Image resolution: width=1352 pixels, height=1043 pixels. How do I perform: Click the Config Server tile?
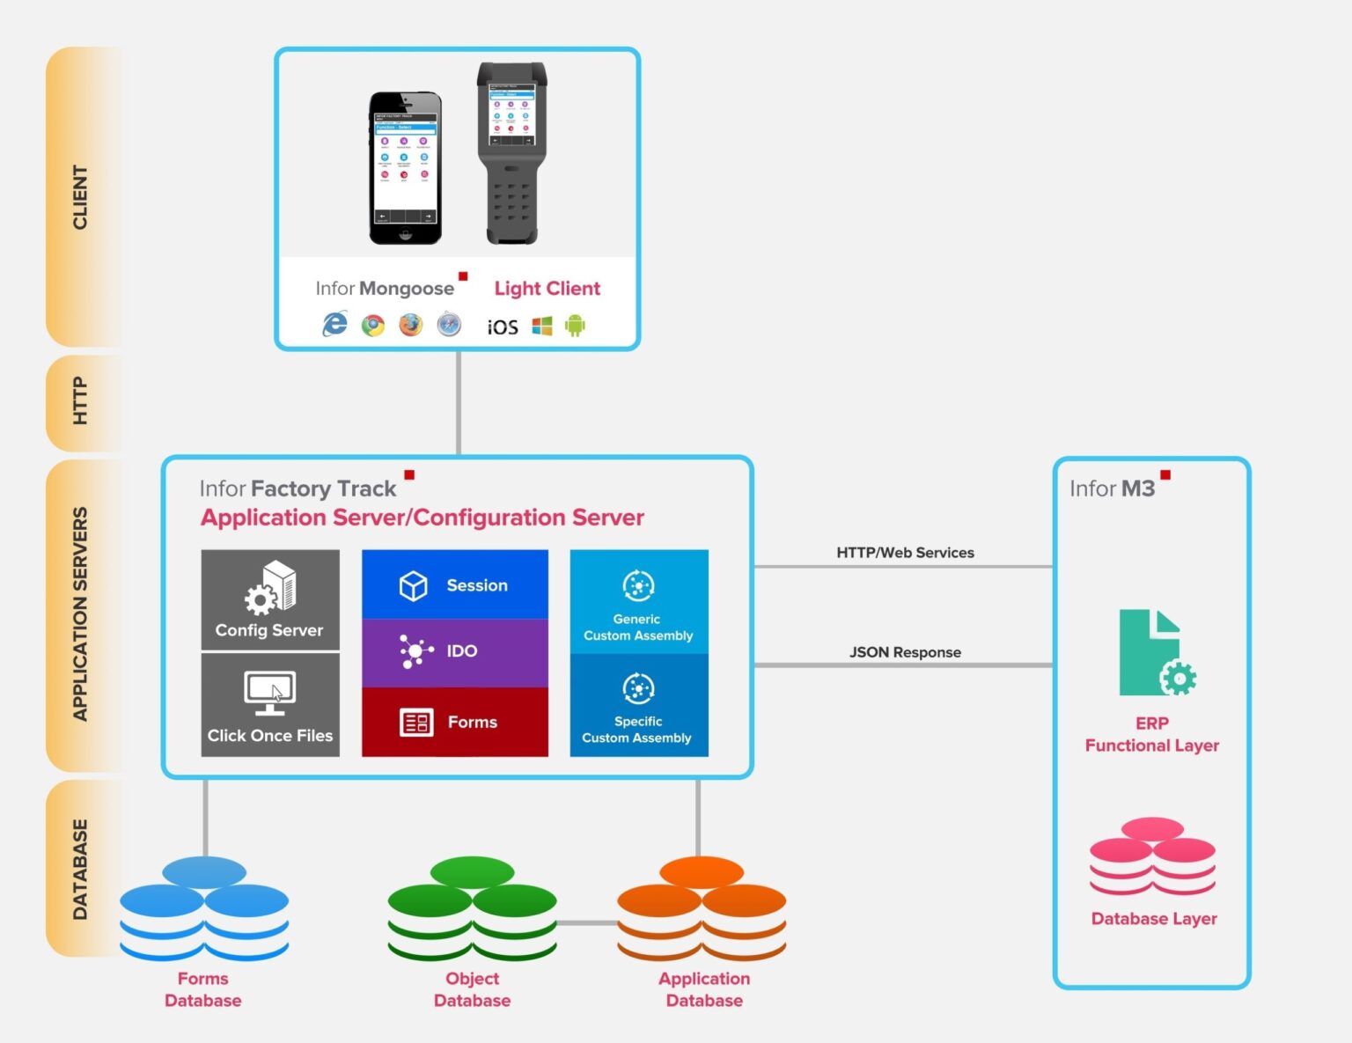click(x=270, y=599)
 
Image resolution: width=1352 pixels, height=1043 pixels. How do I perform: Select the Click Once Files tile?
click(x=270, y=705)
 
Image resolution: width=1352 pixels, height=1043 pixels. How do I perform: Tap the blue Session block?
click(x=454, y=584)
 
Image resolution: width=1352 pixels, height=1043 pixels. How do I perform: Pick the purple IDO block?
click(x=454, y=652)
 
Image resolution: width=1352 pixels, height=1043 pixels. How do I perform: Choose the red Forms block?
click(x=454, y=722)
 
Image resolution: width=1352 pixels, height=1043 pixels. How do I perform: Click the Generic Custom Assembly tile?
click(x=638, y=601)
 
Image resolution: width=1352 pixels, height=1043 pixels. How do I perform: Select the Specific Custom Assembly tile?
click(x=638, y=705)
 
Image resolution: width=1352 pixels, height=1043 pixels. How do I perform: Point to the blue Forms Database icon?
click(x=204, y=908)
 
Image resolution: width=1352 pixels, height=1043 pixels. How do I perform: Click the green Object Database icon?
click(x=472, y=908)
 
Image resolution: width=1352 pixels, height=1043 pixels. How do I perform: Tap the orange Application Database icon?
click(x=702, y=908)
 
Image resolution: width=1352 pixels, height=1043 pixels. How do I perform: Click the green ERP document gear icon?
click(x=1155, y=653)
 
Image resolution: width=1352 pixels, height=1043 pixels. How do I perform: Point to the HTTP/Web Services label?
click(x=905, y=553)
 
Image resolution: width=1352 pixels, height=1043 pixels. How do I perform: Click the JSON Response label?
click(x=905, y=652)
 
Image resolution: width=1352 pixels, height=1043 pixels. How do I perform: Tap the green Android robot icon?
click(x=575, y=327)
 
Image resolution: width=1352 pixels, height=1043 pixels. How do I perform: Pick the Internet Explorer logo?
click(x=334, y=325)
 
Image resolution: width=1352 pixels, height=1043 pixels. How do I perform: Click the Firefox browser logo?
click(x=410, y=326)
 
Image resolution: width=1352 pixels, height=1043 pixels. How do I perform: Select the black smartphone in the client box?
click(x=405, y=167)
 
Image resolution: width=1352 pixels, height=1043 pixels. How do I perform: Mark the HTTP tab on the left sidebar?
click(x=80, y=401)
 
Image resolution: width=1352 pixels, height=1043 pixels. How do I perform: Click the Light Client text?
click(x=547, y=289)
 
